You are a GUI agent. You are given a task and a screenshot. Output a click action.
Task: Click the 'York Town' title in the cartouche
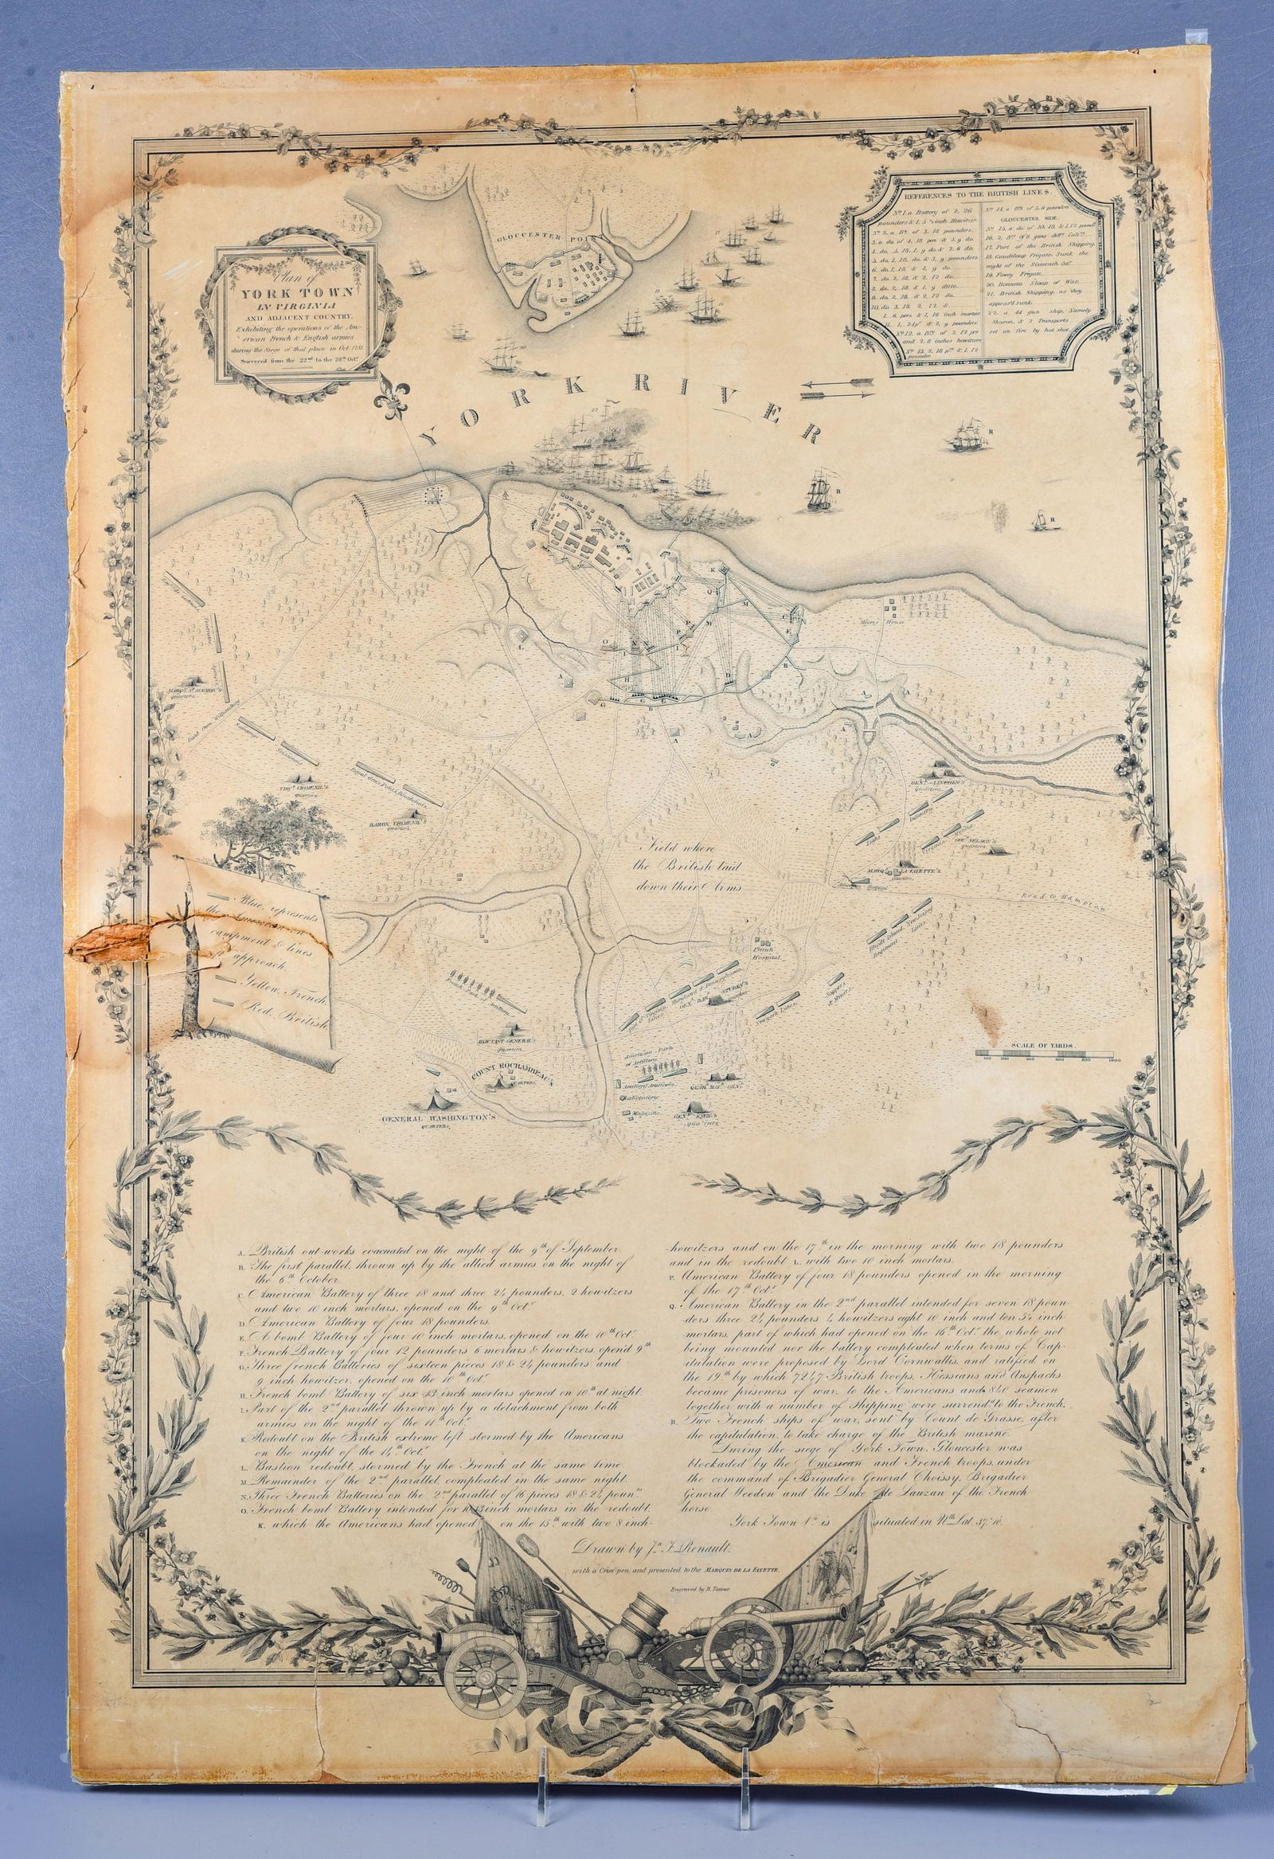[x=291, y=292]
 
